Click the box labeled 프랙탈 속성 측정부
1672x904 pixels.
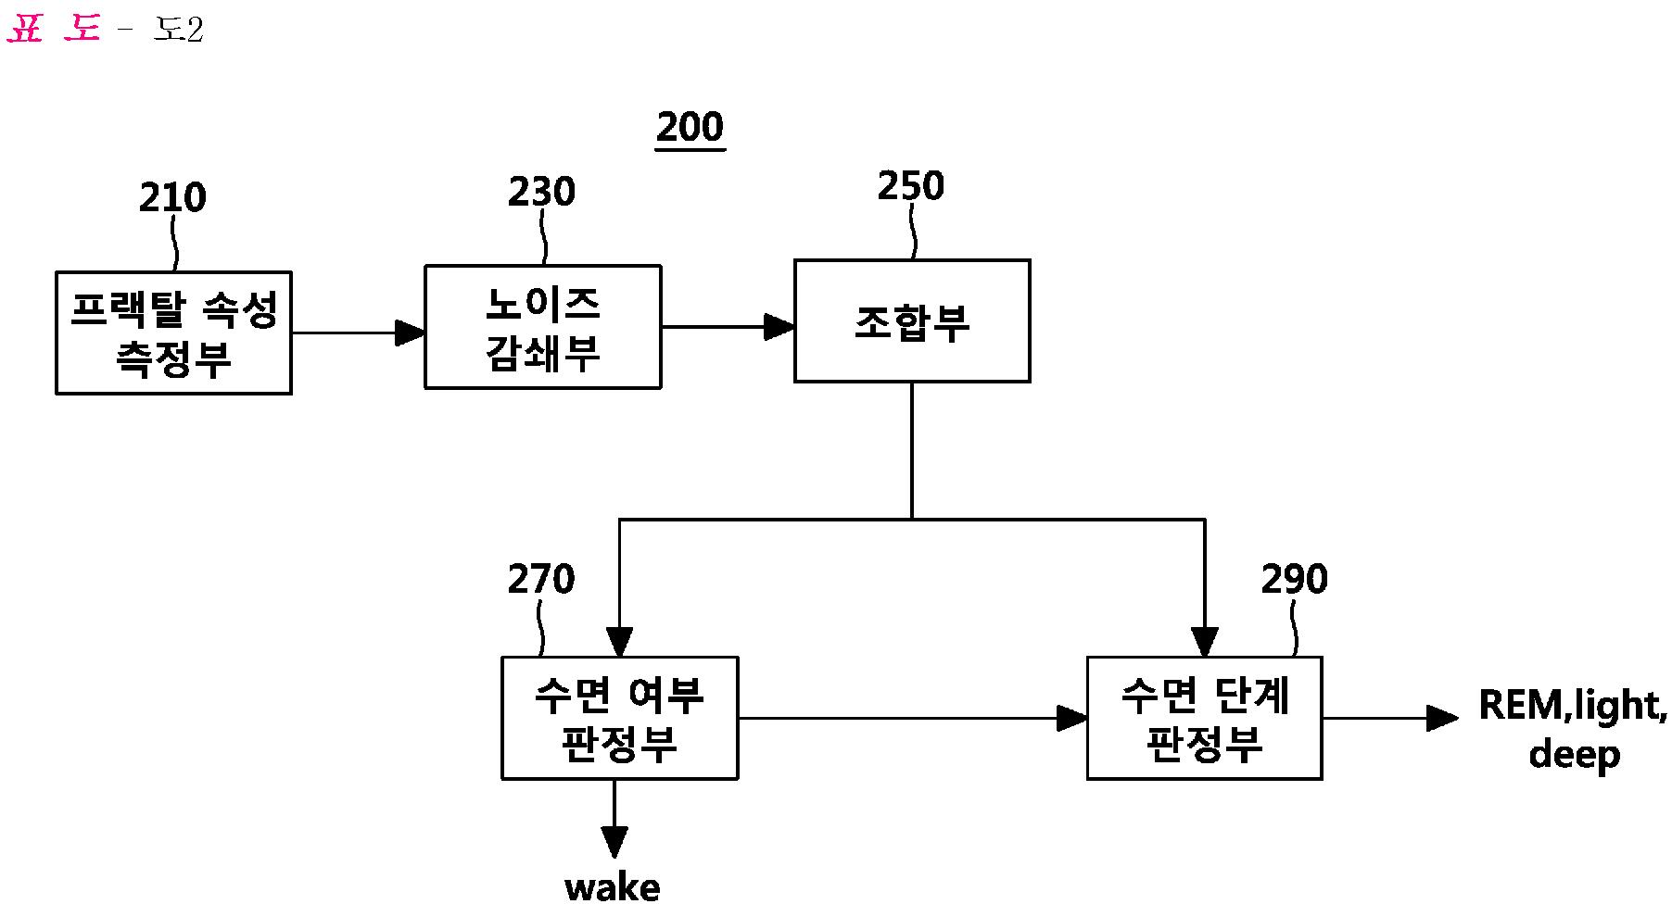point(173,333)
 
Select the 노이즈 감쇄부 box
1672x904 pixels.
point(542,327)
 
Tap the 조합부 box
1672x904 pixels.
point(912,320)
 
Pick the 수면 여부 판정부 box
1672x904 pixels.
point(619,718)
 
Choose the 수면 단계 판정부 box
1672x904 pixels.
point(1204,718)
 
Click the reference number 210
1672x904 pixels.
point(172,198)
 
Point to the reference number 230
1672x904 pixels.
point(541,192)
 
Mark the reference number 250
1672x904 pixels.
point(911,186)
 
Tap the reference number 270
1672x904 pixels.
point(541,580)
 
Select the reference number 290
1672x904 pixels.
point(1294,579)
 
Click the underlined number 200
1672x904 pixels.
point(690,127)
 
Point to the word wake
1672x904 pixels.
point(613,887)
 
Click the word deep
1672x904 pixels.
point(1574,755)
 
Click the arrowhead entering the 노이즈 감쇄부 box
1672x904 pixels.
point(411,333)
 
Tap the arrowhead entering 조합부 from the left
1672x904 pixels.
point(780,326)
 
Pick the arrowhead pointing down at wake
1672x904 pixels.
point(614,842)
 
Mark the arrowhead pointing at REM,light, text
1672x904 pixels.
point(1442,718)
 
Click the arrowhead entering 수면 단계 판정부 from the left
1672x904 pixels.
point(1072,718)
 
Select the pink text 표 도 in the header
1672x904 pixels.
point(53,30)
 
